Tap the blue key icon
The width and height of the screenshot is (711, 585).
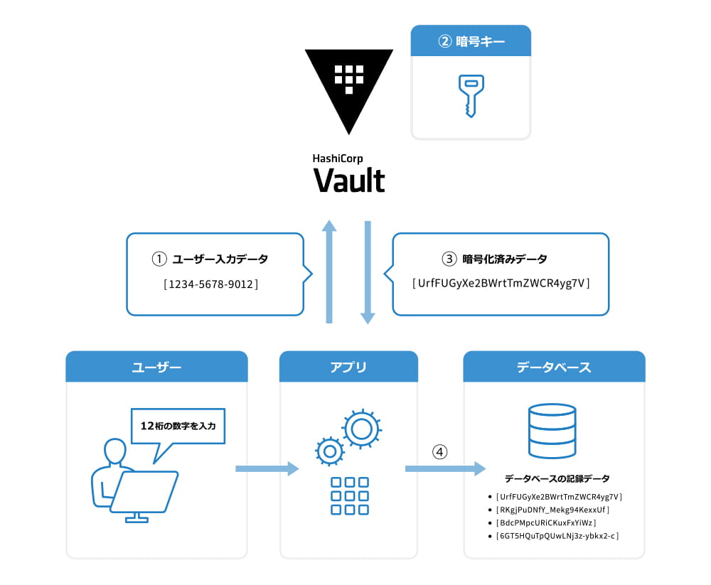(x=469, y=96)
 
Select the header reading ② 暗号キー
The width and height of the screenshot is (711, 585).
(x=471, y=41)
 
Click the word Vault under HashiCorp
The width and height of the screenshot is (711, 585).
(x=349, y=181)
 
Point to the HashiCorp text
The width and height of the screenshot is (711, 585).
(x=338, y=159)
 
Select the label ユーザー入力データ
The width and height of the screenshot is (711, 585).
(x=220, y=259)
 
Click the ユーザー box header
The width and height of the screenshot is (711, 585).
(x=156, y=367)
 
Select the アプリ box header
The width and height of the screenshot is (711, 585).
(x=348, y=367)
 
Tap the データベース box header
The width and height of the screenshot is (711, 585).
(x=554, y=367)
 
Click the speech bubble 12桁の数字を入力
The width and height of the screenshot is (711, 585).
(x=178, y=426)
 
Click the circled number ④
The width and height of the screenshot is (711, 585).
(x=441, y=451)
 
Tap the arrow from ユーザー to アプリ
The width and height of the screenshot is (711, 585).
(x=267, y=468)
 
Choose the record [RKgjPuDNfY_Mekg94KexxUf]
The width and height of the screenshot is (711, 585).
(x=553, y=510)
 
